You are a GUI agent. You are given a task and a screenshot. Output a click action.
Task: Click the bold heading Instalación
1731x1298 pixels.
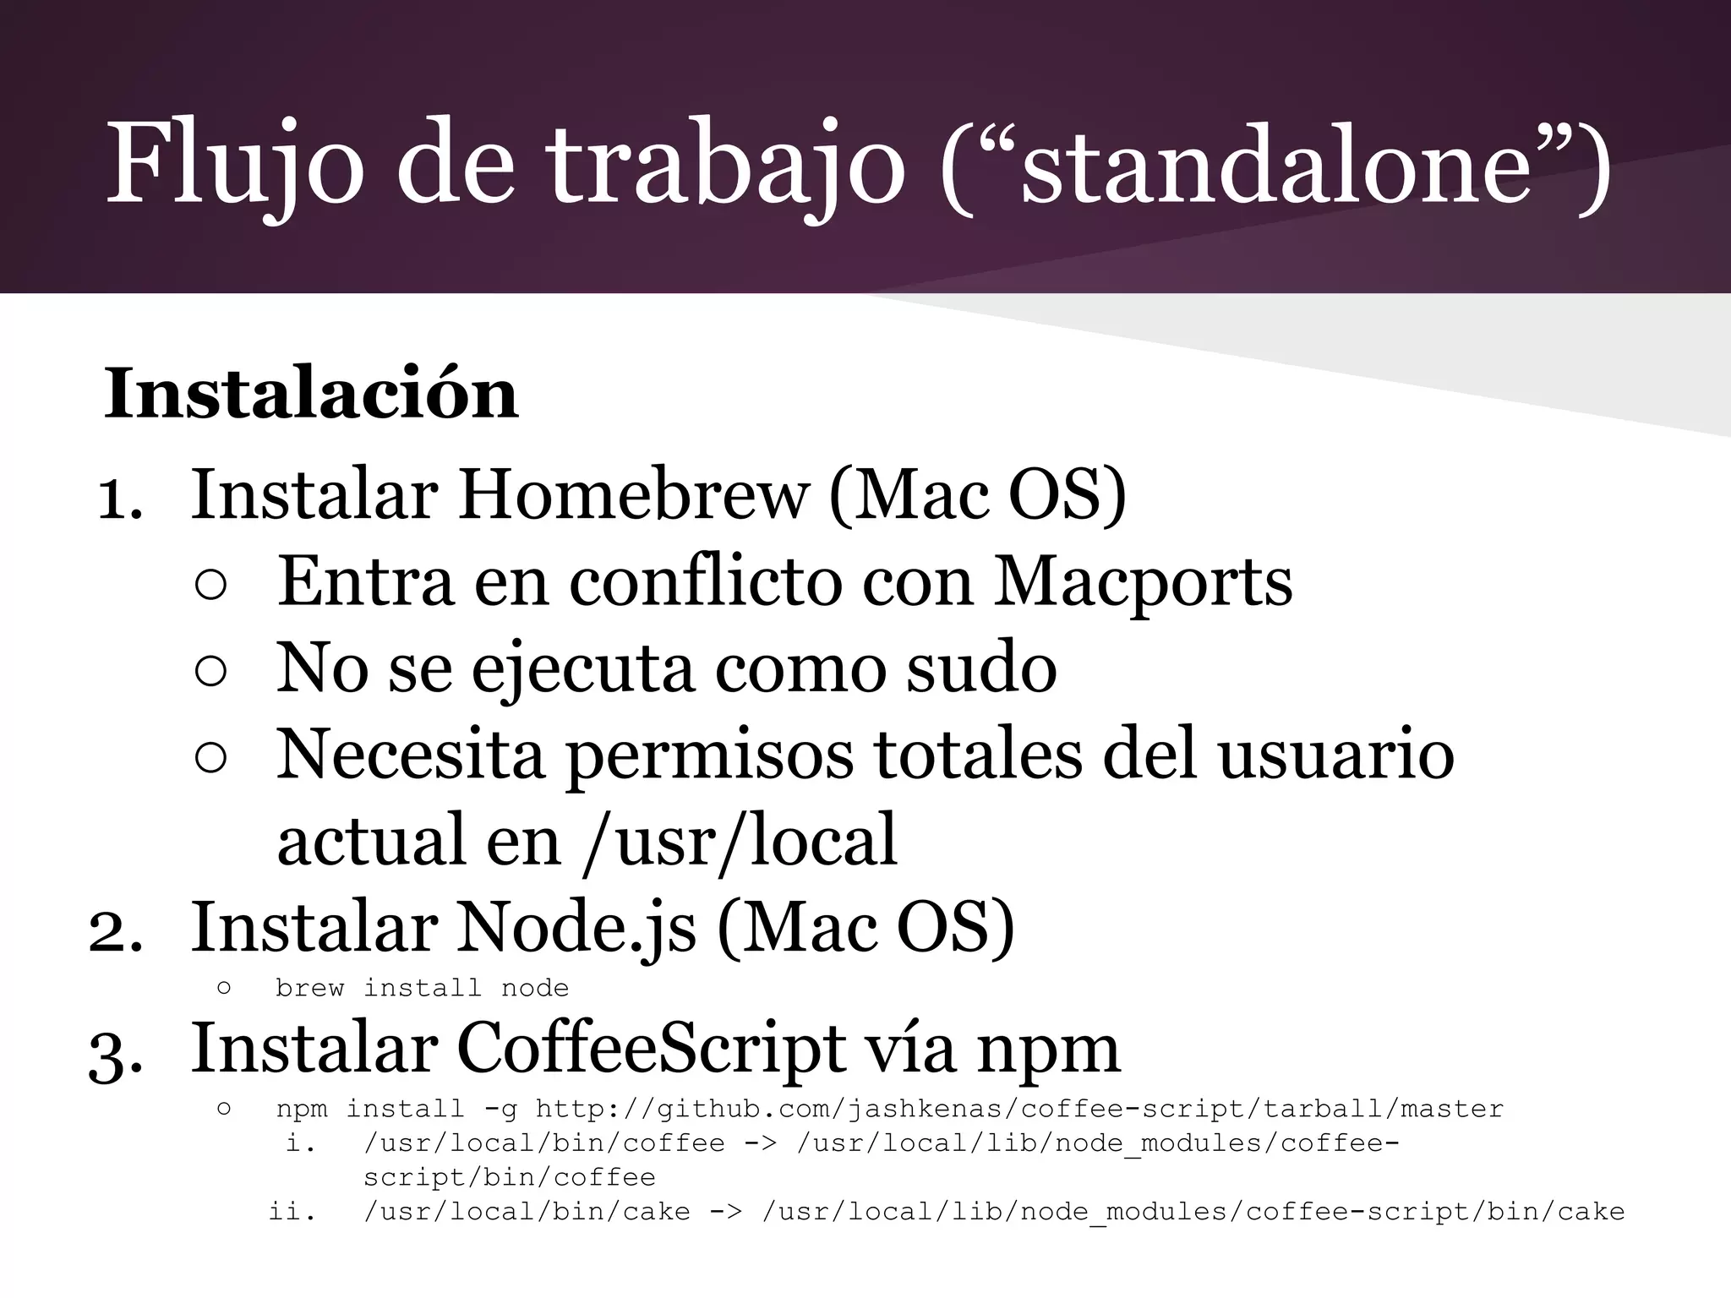[311, 394]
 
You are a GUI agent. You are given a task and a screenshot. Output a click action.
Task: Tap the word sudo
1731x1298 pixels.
[981, 668]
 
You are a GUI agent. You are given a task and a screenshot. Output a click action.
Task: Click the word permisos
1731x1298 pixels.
[710, 755]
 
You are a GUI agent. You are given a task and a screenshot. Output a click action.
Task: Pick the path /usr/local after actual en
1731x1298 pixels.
[740, 840]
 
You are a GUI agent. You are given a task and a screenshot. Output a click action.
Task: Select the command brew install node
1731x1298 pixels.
[422, 988]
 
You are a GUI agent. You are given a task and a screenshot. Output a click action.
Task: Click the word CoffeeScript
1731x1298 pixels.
[652, 1049]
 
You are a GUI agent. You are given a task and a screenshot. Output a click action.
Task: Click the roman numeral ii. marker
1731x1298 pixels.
[292, 1212]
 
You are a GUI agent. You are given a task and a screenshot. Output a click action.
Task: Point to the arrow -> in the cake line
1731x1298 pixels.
[725, 1212]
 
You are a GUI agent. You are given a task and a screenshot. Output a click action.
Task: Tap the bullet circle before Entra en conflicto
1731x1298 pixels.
[210, 585]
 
